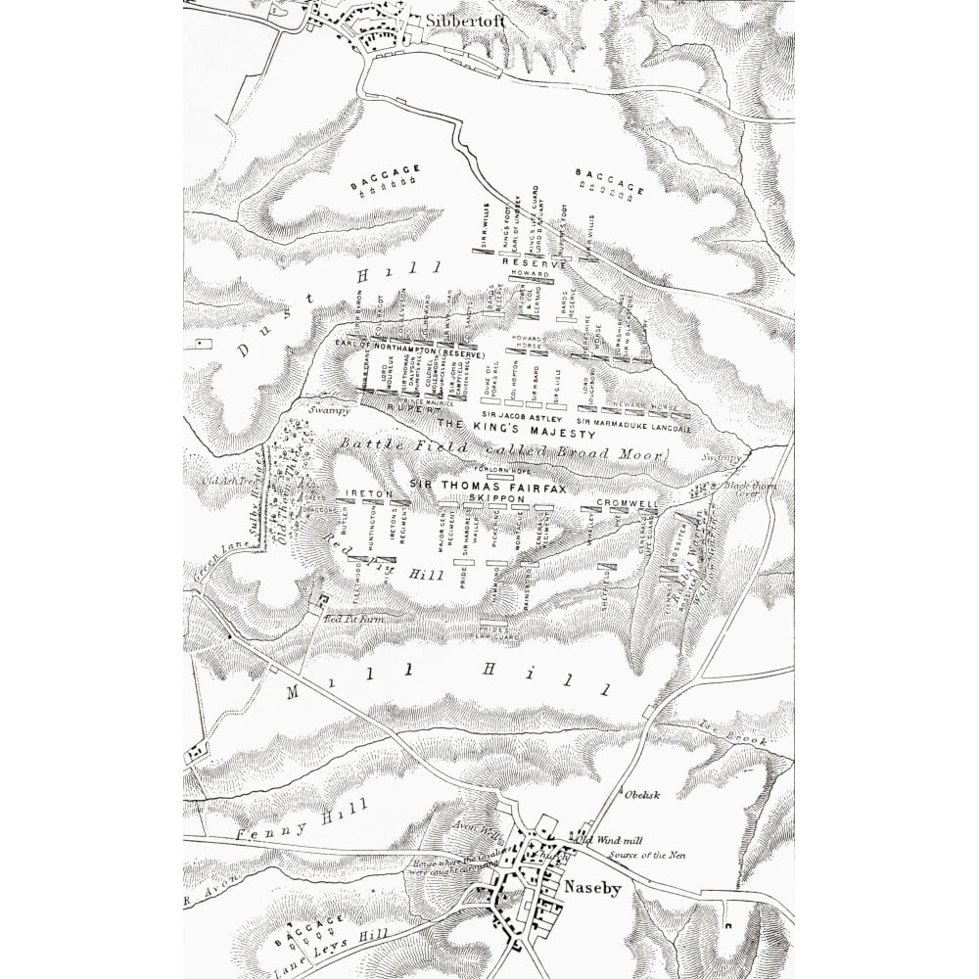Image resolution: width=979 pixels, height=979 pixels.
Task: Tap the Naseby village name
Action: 591,887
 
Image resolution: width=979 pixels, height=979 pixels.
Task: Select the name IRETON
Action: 370,495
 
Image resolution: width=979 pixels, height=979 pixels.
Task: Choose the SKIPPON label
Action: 498,498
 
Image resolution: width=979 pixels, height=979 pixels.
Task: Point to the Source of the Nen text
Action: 644,855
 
